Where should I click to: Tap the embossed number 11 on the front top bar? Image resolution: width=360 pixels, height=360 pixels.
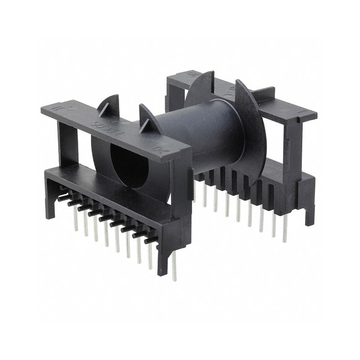point(56,108)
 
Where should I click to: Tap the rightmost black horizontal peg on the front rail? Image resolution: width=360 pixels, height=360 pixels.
point(151,239)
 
